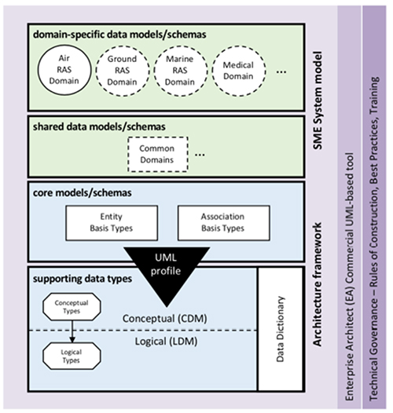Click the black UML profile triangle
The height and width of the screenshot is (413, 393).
coord(167,272)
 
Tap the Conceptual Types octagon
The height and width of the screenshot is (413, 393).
coord(72,306)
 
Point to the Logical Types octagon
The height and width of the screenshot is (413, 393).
coord(72,356)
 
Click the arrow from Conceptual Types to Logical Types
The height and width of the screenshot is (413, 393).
coord(72,331)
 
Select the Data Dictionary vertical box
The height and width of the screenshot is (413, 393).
coord(281,329)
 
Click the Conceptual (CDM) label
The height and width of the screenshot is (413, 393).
coord(165,319)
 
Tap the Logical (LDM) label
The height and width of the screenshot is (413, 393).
coord(166,342)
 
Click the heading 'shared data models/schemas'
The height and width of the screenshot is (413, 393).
coord(99,127)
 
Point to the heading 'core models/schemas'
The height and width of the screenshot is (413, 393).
coord(83,193)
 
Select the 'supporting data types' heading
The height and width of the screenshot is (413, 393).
coord(83,279)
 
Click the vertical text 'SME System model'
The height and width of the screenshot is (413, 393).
coord(318,101)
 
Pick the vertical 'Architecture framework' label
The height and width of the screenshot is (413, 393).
coord(318,284)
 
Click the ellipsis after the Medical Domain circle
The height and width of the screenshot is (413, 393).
coord(281,71)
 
